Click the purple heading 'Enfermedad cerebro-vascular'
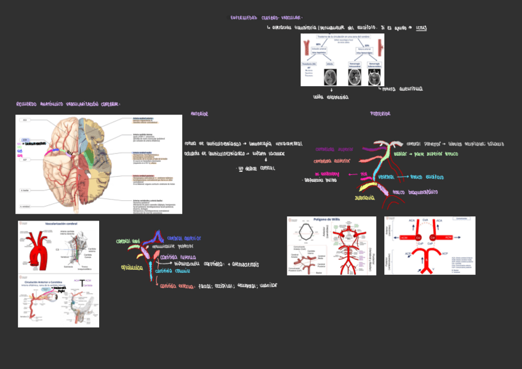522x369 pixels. (267, 18)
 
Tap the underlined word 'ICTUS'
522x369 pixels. (421, 28)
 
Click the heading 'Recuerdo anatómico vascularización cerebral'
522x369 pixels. (68, 105)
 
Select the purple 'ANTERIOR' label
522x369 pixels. (199, 114)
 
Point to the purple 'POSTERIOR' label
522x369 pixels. (380, 114)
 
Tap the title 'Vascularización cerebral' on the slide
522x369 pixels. (59, 225)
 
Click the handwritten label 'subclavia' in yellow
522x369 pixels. (364, 198)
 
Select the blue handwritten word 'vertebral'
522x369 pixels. (386, 177)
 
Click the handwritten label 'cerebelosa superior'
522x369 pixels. (334, 149)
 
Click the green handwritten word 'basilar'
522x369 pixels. (400, 153)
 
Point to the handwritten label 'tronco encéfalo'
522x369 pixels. (427, 177)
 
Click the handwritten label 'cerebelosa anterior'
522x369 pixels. (332, 161)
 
